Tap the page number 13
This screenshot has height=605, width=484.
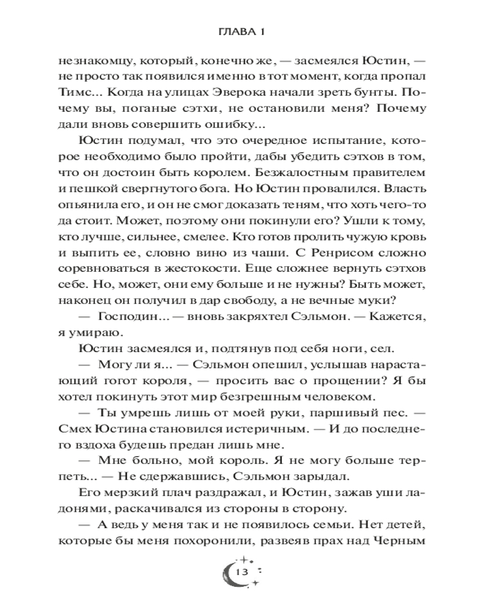[x=243, y=572]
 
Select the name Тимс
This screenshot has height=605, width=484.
[x=74, y=94]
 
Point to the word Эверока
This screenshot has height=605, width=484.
[x=234, y=94]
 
